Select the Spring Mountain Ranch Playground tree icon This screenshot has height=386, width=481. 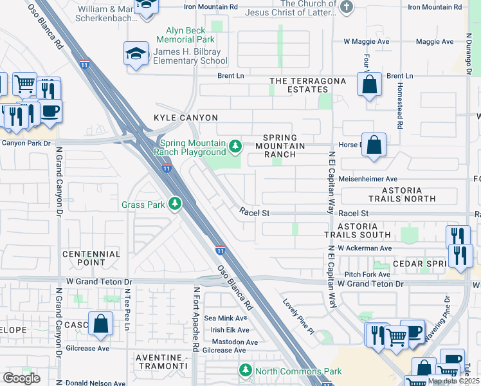coord(236,147)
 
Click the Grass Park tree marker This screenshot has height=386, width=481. coord(174,205)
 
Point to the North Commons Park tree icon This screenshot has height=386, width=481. coord(246,371)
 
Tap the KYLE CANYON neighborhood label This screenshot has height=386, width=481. coord(186,118)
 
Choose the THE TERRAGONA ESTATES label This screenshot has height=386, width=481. coord(307,85)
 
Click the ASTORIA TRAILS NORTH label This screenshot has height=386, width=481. coord(402,195)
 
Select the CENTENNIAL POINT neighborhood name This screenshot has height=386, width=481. coord(91,258)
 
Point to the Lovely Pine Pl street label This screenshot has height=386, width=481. coord(296,315)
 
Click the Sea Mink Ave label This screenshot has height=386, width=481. coord(226,318)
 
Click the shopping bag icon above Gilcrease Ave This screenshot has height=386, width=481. coord(101,324)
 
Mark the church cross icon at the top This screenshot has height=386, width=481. coord(346,7)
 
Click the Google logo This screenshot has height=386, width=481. coord(21,378)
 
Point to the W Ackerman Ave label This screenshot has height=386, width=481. coord(368,248)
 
